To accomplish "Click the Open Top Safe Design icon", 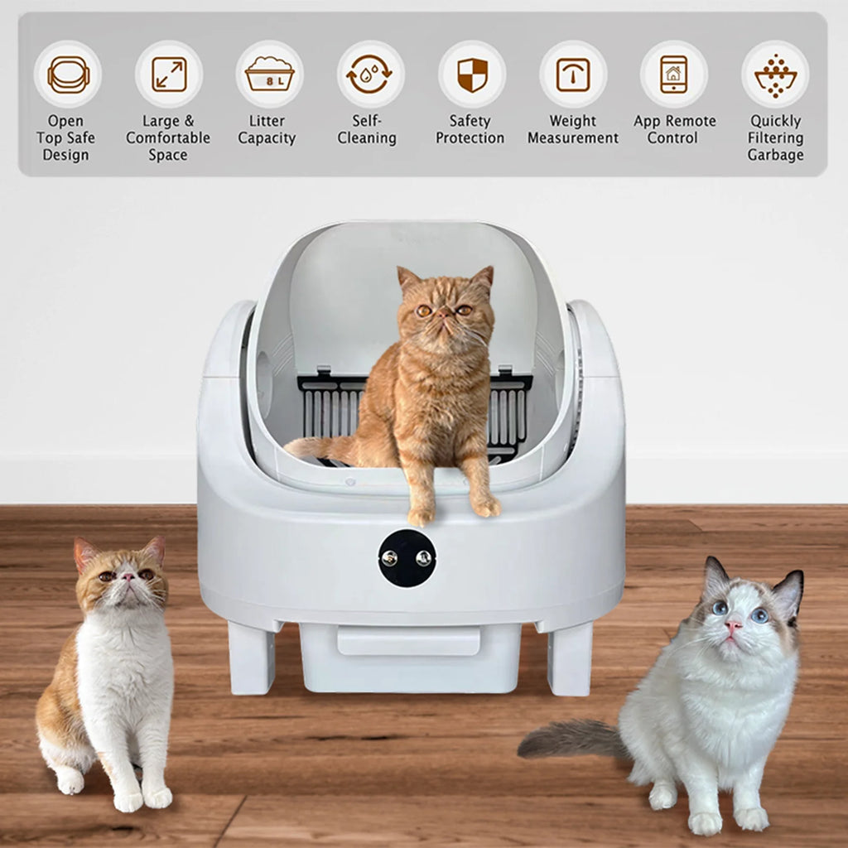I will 68,75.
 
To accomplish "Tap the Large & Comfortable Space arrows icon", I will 169,75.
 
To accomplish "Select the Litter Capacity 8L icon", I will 269,75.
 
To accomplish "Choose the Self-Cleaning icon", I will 370,75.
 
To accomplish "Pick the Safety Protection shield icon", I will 472,75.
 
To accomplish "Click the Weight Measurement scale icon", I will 573,75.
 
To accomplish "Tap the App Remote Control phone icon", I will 673,75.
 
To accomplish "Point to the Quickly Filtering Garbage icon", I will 775,75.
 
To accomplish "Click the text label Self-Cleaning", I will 367,129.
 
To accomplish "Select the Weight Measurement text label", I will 573,129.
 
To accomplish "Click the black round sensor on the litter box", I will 407,558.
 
